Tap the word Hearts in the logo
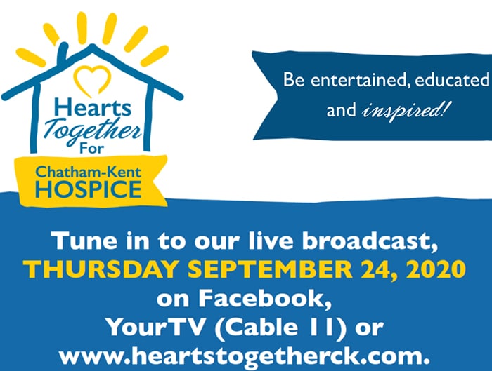point(93,107)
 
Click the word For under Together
point(91,148)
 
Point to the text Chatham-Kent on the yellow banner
point(88,173)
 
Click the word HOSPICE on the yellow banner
point(89,189)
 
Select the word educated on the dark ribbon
point(452,80)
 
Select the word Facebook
point(265,298)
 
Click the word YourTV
point(155,328)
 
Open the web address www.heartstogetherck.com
point(245,356)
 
